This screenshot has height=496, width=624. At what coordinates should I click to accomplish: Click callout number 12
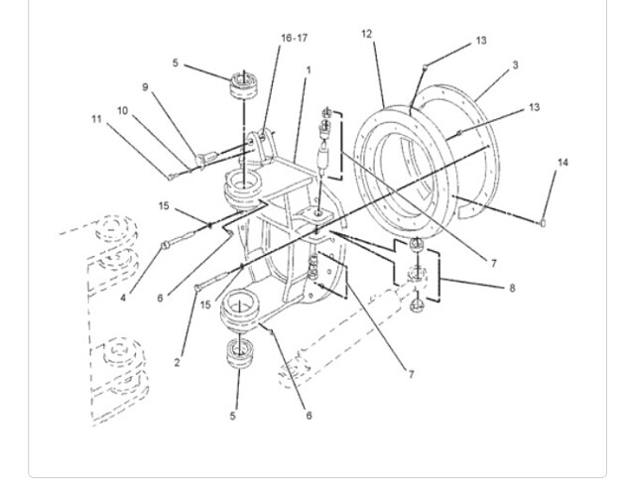click(366, 35)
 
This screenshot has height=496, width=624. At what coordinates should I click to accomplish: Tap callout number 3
click(515, 64)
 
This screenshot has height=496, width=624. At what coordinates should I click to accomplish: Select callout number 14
click(562, 163)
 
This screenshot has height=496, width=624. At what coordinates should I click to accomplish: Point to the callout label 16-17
click(294, 39)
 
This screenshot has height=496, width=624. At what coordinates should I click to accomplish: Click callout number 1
click(309, 70)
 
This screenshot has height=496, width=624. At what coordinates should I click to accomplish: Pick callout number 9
click(145, 87)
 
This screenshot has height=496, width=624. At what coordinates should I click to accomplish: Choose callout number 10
click(123, 111)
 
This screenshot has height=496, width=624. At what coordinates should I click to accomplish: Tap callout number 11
click(96, 119)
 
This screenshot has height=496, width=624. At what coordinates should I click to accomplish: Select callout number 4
click(123, 298)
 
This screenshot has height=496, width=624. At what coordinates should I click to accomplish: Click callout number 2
click(178, 363)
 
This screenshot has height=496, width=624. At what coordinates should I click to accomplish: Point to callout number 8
click(512, 288)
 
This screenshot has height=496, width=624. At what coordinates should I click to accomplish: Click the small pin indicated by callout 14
click(543, 224)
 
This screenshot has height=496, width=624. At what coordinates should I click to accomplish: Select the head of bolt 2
click(197, 287)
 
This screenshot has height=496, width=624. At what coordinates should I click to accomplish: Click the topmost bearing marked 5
click(244, 84)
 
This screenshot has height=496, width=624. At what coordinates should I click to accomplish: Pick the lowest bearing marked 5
click(239, 353)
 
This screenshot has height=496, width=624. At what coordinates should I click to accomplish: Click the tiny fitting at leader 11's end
click(171, 178)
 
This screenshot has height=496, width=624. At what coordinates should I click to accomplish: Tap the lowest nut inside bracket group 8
click(417, 306)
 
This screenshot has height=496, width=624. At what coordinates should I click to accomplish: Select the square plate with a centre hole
click(317, 213)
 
